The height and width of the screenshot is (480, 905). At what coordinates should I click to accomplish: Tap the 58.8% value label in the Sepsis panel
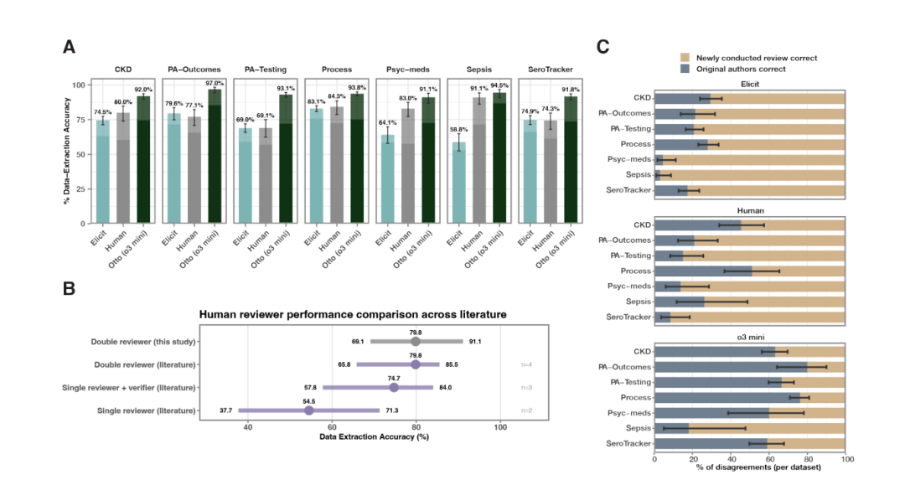click(459, 130)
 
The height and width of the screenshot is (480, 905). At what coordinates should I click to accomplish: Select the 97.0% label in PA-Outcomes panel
click(215, 83)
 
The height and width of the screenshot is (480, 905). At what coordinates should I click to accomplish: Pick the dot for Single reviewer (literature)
click(308, 410)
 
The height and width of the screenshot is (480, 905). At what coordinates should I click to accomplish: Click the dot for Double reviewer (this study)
click(416, 341)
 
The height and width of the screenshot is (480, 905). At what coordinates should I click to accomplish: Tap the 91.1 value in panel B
click(474, 342)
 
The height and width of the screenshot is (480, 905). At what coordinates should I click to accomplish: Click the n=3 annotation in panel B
click(527, 387)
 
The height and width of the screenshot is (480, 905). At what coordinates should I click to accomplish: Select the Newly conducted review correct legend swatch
click(686, 58)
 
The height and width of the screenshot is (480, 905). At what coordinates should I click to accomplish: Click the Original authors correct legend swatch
click(686, 69)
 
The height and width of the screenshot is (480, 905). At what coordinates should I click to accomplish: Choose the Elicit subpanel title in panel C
click(749, 84)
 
